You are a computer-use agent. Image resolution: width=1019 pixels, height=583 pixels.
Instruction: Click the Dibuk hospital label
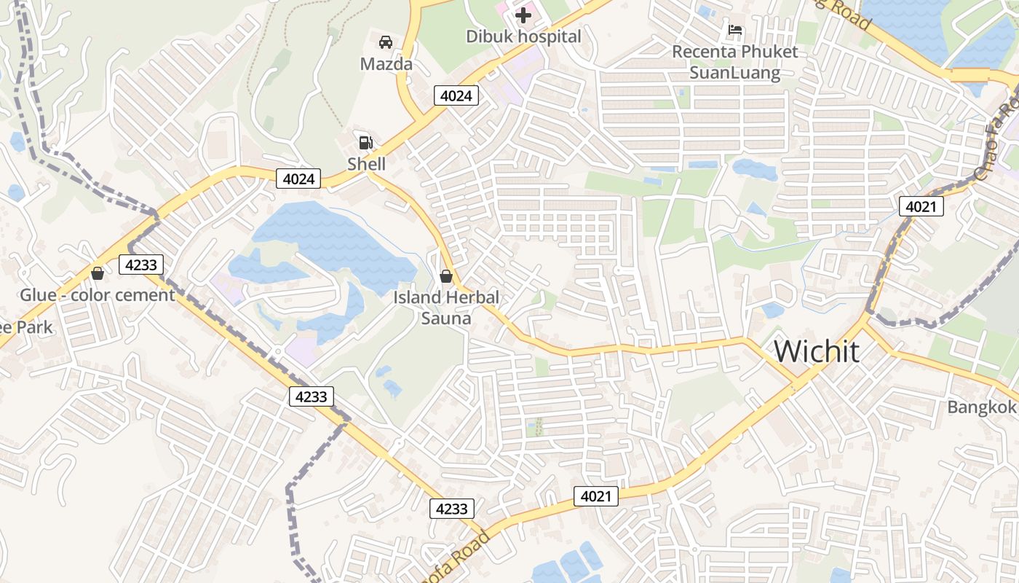[x=523, y=36]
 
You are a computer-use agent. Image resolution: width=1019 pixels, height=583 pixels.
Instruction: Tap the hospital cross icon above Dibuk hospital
[x=523, y=15]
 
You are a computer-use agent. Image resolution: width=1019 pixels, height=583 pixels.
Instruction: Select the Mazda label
[x=386, y=64]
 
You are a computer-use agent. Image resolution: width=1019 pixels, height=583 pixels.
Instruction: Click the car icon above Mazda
[x=386, y=42]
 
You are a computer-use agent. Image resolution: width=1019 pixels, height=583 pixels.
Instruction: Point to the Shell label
[x=366, y=164]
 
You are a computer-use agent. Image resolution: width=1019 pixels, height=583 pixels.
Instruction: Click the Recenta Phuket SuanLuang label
[x=734, y=62]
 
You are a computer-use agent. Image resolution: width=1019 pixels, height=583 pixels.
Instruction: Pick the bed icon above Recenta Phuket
[x=735, y=31]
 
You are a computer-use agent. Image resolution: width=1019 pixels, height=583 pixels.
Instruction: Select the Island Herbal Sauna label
[x=446, y=308]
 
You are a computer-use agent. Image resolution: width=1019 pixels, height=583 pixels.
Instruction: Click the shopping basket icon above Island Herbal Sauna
[x=446, y=276]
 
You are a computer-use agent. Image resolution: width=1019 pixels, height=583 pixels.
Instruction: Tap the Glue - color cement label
[x=97, y=295]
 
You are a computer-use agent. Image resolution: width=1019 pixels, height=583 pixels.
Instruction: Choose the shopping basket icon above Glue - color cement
[x=97, y=273]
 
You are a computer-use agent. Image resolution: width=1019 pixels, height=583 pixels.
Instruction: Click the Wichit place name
[x=816, y=351]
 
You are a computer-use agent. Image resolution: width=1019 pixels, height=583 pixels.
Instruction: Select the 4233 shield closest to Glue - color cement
[x=141, y=265]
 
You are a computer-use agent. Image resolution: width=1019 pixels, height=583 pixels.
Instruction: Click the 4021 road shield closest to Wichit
[x=921, y=207]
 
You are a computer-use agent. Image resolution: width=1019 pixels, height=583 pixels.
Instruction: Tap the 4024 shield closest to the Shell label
[x=298, y=179]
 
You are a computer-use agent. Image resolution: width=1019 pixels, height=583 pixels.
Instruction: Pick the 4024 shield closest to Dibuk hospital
[x=457, y=95]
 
